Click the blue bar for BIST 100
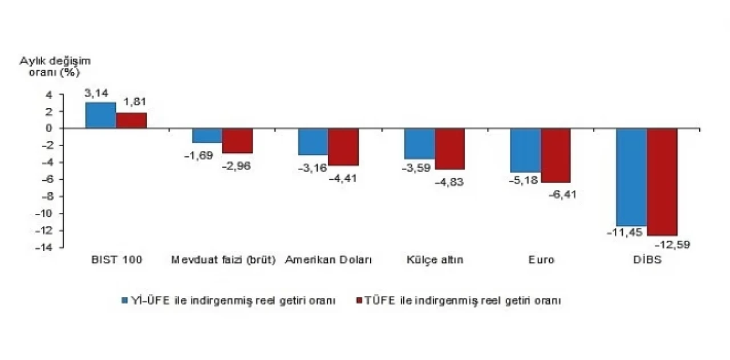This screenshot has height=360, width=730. pos(101,115)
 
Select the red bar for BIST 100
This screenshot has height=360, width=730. pos(132,120)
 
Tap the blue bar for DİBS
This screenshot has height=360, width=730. pos(632,177)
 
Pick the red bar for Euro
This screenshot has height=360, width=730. pos(555,155)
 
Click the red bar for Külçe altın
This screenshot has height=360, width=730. pos(449,149)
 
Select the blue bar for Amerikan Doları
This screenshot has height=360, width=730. pos(313,141)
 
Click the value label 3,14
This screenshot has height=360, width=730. pos(96,92)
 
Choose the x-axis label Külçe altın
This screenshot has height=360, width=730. pos(435,260)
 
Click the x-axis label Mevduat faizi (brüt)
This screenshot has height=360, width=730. pos(224,260)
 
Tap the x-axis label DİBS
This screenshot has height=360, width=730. pos(647,260)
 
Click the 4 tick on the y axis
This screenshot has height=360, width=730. pos(50,95)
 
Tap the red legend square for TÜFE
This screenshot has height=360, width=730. pos(359,300)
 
